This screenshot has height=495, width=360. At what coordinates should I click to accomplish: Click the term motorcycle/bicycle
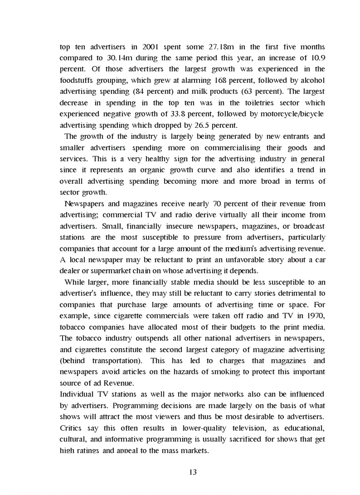(294, 114)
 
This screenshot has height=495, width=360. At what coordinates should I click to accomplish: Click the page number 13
(192, 472)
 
